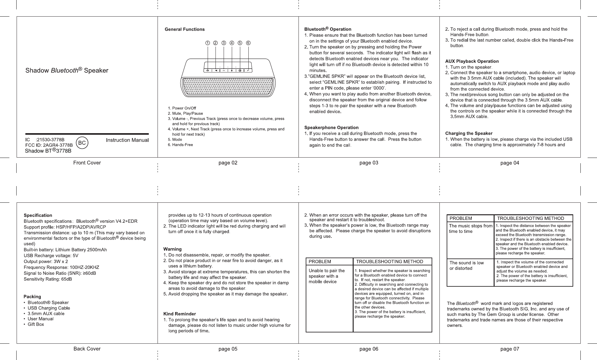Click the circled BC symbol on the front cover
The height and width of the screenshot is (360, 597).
[82, 143]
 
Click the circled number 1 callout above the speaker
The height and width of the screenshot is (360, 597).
[207, 43]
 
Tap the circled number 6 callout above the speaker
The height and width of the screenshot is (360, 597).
[248, 43]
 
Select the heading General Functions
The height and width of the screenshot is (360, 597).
[184, 29]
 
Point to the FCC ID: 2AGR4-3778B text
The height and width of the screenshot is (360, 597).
[49, 145]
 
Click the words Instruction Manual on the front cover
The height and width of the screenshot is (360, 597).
[127, 140]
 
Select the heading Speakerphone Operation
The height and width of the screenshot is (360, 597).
[331, 128]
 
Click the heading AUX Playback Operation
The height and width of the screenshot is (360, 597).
[472, 61]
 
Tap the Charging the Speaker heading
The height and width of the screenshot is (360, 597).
[469, 133]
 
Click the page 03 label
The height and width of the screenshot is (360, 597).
[369, 163]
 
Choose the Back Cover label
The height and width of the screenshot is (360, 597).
[87, 349]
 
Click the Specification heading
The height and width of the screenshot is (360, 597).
[38, 215]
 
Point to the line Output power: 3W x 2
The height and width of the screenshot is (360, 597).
[46, 262]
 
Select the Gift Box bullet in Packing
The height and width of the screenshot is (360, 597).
[36, 324]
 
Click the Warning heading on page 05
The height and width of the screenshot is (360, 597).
[172, 249]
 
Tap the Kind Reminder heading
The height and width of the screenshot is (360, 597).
[179, 314]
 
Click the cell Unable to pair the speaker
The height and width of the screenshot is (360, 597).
[327, 276]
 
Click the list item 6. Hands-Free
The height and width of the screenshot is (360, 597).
[180, 145]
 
